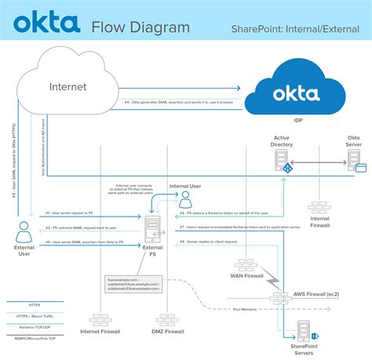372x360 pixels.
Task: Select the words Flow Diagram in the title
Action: click(x=140, y=28)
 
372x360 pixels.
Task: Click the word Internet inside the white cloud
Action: click(x=67, y=86)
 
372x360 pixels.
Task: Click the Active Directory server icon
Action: click(x=280, y=161)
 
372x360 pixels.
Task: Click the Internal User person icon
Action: click(x=185, y=199)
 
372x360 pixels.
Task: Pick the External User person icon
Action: click(x=24, y=230)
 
